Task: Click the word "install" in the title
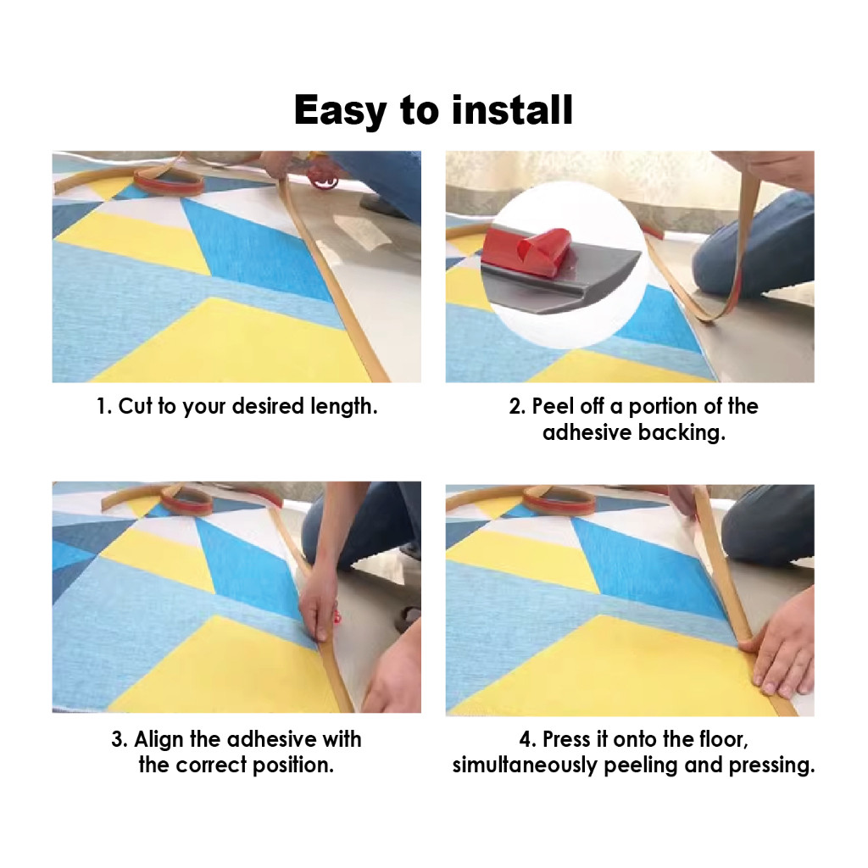(512, 109)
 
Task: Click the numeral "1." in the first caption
(104, 406)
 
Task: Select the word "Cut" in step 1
(135, 406)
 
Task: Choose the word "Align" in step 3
(159, 740)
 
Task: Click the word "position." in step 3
(293, 765)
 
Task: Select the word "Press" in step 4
(566, 739)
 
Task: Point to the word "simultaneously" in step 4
(525, 766)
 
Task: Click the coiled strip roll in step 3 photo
(186, 502)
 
